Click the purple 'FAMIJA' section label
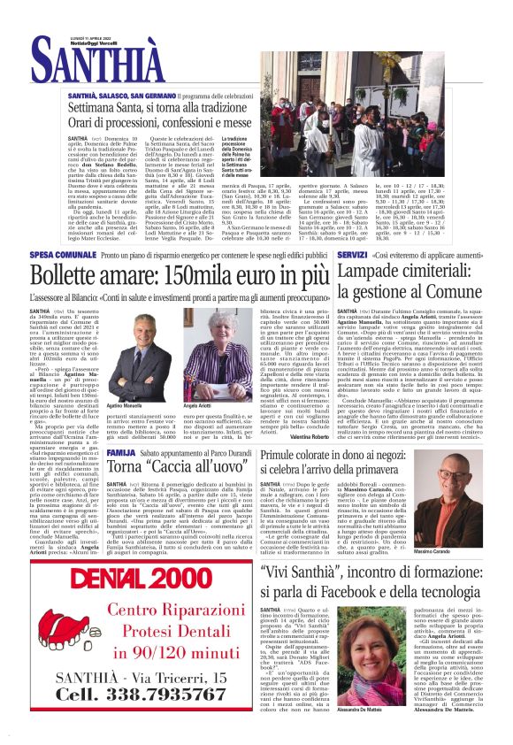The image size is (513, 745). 120,453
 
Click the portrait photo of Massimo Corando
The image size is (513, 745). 454,518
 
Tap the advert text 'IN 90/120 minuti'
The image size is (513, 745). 134,653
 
